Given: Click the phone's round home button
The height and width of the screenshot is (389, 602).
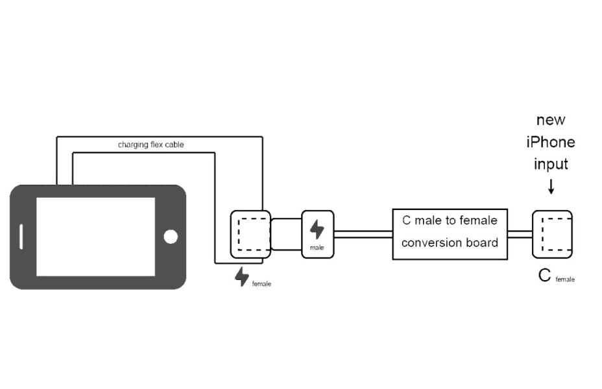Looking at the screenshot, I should coord(171,237).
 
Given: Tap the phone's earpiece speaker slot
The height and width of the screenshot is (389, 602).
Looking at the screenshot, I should coord(23,237).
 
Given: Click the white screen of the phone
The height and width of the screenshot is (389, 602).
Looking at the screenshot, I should coord(95,236).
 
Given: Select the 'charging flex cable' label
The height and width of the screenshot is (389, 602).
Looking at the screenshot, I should coord(150,145).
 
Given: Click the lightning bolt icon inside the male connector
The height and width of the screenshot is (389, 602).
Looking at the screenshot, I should coord(317,230).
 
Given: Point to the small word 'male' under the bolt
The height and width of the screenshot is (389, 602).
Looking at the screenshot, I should coord(317,248).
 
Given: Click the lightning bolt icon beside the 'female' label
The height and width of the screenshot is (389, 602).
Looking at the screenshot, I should coord(242,277).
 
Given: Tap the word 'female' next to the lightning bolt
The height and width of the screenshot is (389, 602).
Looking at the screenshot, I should coord(261,284).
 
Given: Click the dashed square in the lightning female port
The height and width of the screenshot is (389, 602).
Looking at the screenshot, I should coord(252,234).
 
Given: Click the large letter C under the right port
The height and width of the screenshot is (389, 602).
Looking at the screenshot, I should coord(545,276).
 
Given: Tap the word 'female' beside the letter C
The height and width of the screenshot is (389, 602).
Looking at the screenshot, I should coord(564,279).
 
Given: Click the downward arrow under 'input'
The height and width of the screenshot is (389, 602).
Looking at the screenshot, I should coord(551,186).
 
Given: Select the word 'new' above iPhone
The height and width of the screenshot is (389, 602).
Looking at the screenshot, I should coord(551,120).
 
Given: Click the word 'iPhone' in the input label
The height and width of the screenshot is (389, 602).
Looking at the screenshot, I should coord(551,142).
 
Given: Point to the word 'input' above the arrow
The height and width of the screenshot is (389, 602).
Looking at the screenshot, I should coord(551,164).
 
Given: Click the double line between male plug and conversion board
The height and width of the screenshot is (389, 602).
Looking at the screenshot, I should coord(363,234).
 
